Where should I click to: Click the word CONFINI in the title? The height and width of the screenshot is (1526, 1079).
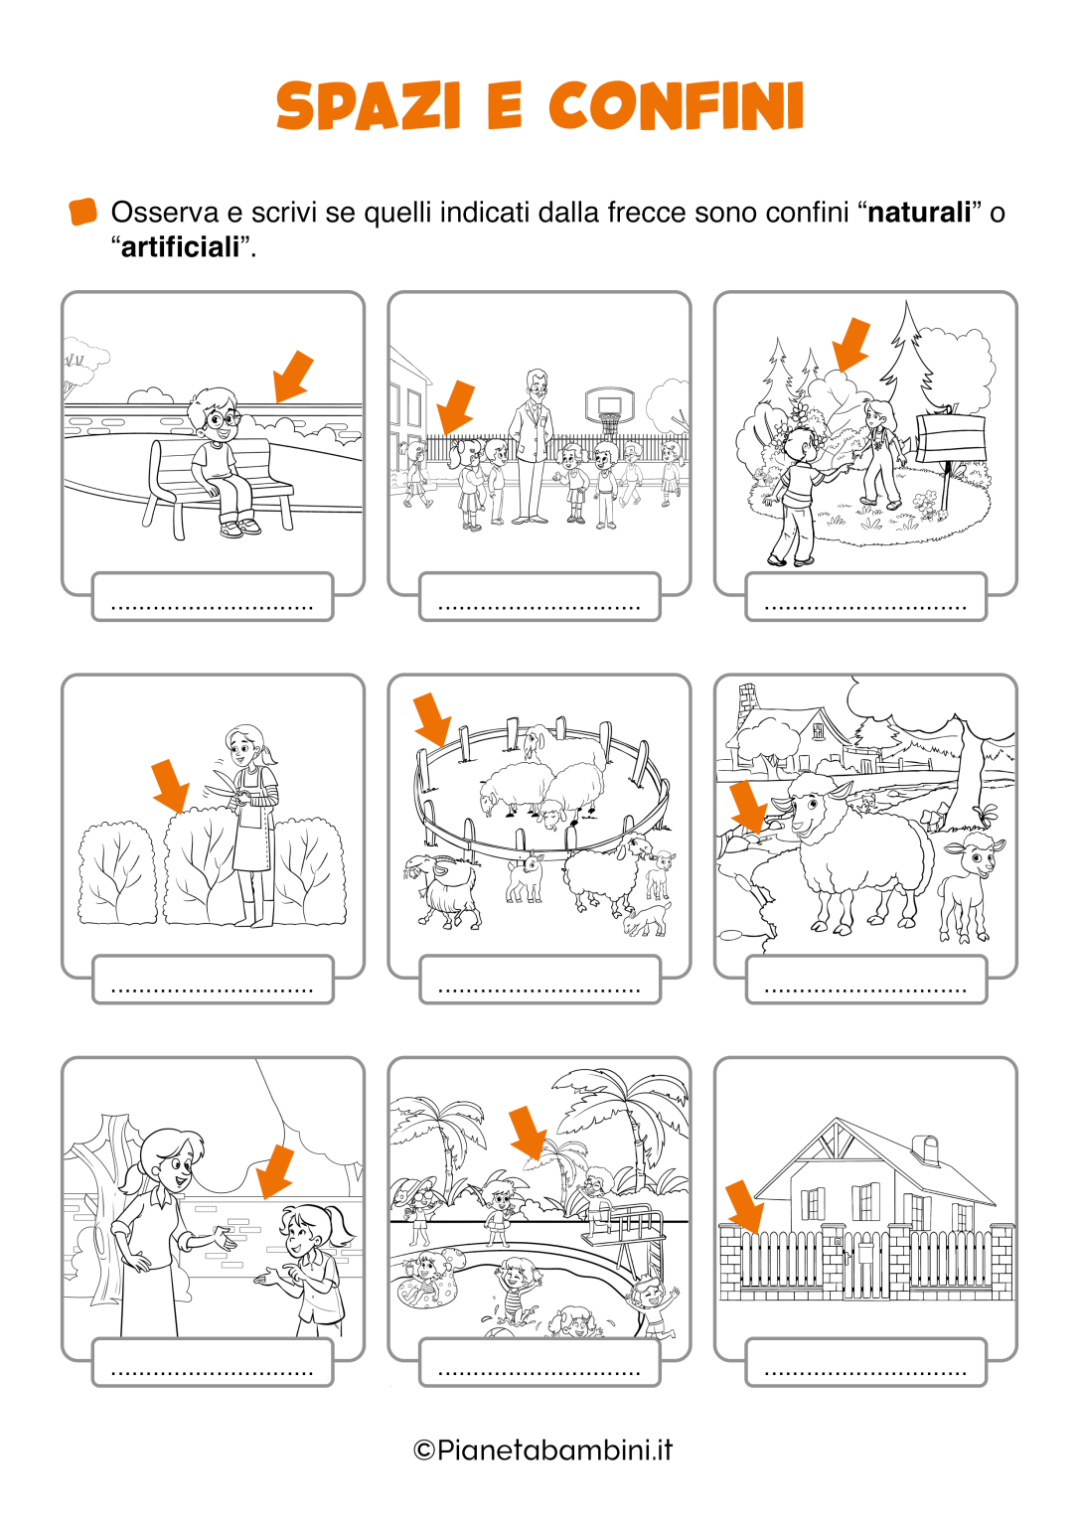(677, 106)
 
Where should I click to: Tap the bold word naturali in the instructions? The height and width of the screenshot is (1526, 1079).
(919, 213)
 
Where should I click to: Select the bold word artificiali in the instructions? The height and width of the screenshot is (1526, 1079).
(181, 246)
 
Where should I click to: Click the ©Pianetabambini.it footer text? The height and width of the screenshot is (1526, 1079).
(542, 1450)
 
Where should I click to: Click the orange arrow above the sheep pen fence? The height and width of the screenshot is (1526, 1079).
(432, 718)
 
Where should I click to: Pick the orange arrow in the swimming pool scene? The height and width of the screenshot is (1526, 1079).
(529, 1134)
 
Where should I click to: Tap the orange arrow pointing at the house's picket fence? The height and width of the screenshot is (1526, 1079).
(744, 1208)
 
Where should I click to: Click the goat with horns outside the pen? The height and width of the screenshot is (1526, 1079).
(441, 890)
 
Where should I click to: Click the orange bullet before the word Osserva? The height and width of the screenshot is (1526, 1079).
(83, 212)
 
